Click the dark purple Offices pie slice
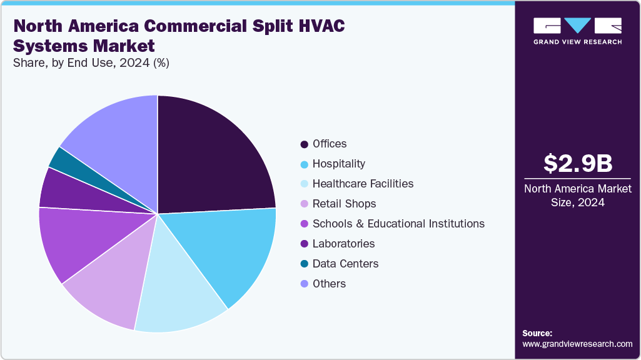pos(209,156)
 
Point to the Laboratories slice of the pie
pos(69,191)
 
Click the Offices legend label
pos(330,144)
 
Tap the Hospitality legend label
pos(339,164)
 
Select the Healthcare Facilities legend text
pos(363,184)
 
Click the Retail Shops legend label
pos(344,204)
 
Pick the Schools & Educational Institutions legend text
pos(398,224)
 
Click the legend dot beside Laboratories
pos(304,244)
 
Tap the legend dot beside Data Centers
pos(304,264)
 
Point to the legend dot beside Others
pos(304,284)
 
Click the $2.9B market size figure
pos(577,163)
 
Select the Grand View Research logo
pos(577,31)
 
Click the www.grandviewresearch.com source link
pos(577,344)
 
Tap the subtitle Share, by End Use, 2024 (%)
pos(91,62)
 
